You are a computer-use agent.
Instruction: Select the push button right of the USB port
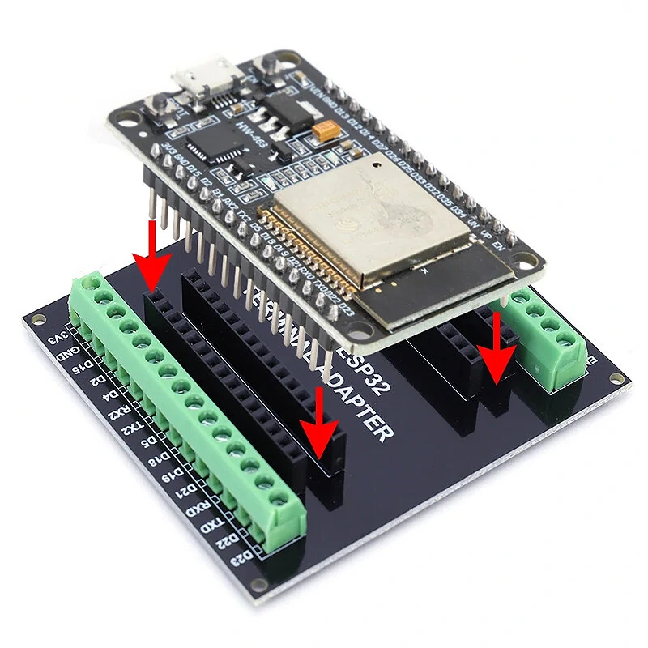[263, 71]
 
